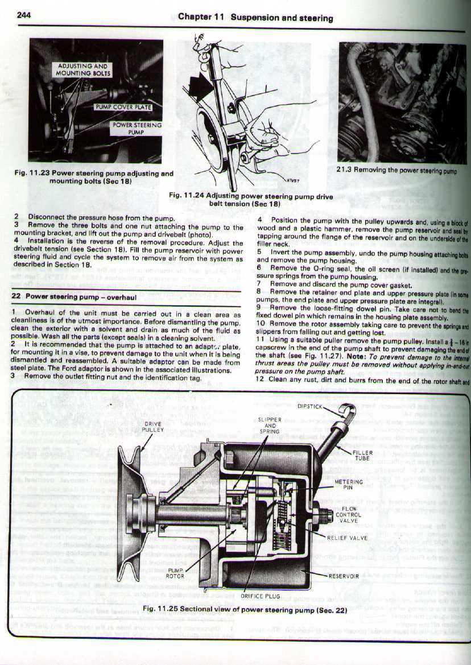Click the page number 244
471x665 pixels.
click(23, 15)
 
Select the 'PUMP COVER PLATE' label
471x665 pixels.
click(128, 107)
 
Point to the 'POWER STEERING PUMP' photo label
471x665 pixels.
click(137, 128)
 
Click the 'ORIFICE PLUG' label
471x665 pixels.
click(261, 596)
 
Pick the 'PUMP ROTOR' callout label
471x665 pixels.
click(173, 572)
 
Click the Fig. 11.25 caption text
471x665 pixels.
click(245, 609)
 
